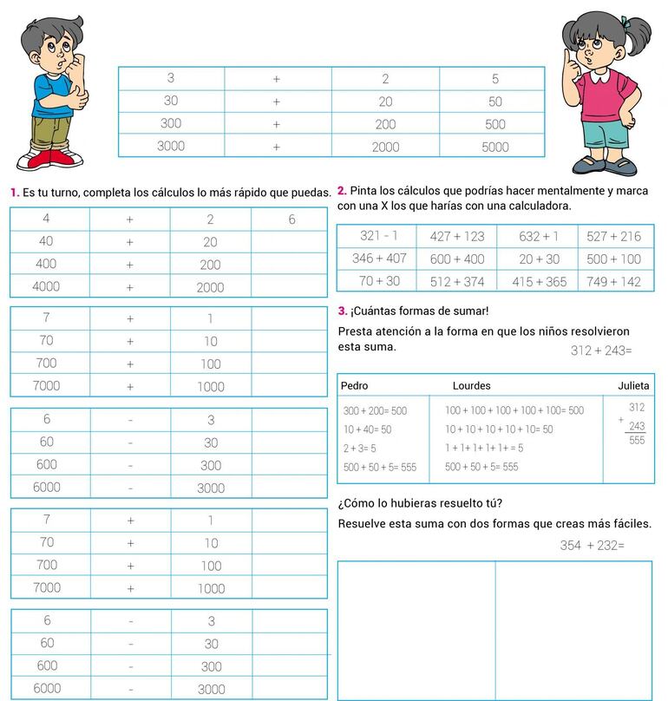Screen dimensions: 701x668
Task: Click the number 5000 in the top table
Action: pyautogui.click(x=494, y=147)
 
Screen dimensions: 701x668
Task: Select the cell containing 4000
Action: pyautogui.click(x=45, y=286)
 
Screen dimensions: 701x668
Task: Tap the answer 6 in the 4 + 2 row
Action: pyautogui.click(x=291, y=219)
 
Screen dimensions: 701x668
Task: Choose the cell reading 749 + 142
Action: pyautogui.click(x=613, y=281)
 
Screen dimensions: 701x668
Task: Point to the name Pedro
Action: pyautogui.click(x=355, y=385)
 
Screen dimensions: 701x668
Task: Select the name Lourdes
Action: pyautogui.click(x=471, y=385)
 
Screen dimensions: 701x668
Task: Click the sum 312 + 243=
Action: pyautogui.click(x=601, y=350)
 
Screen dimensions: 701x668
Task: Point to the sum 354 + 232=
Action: pyautogui.click(x=592, y=546)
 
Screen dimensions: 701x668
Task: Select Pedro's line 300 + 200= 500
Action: pyautogui.click(x=375, y=410)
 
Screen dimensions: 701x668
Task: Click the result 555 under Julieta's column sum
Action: pyautogui.click(x=637, y=440)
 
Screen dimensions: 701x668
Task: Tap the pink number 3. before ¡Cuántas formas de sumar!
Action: pyautogui.click(x=342, y=311)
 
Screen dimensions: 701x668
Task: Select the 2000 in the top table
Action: pyautogui.click(x=385, y=147)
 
